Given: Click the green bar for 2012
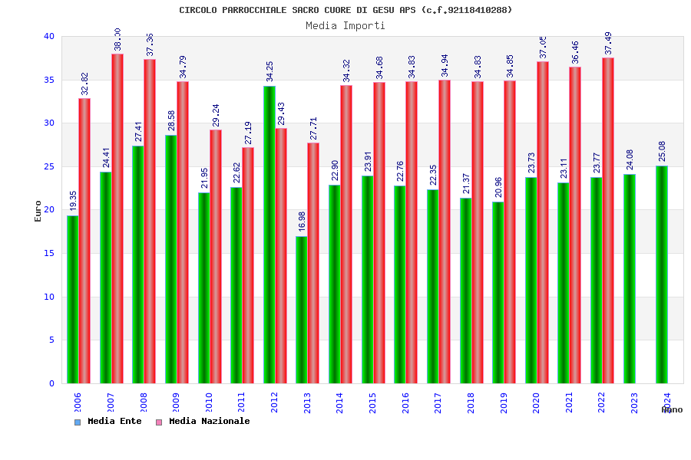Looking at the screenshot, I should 269,235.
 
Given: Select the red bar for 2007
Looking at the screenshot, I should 117,219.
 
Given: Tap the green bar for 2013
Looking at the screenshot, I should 302,310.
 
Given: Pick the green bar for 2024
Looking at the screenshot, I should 662,274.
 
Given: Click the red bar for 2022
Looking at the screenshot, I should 608,221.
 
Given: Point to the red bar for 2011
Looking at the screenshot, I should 248,265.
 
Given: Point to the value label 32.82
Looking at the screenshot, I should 84,84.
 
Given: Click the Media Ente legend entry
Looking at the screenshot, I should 108,422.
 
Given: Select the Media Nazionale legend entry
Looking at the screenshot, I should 203,422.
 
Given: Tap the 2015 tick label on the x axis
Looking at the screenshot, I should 373,403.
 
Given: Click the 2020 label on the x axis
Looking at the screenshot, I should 537,403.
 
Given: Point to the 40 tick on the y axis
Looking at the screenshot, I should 49,37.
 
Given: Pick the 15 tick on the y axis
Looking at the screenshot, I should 49,253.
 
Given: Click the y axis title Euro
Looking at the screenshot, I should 38,211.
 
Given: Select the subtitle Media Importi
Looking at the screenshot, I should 345,25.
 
